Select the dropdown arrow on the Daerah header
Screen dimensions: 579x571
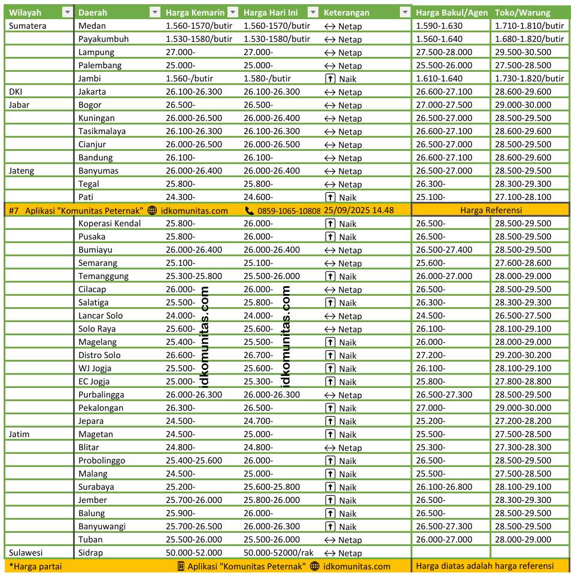(x=154, y=13)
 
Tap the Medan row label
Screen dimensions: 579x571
(x=92, y=26)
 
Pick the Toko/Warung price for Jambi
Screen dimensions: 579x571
(x=529, y=78)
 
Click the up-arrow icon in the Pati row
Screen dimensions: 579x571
(x=329, y=197)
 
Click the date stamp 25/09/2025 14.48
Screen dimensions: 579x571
(x=359, y=210)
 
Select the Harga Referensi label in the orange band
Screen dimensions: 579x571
(x=491, y=210)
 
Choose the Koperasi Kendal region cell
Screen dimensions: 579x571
(x=110, y=223)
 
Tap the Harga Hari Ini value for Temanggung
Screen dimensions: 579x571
(x=272, y=276)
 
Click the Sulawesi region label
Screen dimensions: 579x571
(x=26, y=553)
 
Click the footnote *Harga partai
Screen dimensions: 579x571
(x=35, y=566)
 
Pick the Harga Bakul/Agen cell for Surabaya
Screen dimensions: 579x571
(x=444, y=487)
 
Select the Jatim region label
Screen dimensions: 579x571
(x=19, y=434)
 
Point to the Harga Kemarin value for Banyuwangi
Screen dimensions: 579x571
(x=193, y=526)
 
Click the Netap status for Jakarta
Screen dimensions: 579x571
(x=343, y=92)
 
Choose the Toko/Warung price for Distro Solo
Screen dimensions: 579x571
(x=523, y=355)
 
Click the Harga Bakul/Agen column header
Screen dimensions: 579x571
(x=451, y=13)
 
